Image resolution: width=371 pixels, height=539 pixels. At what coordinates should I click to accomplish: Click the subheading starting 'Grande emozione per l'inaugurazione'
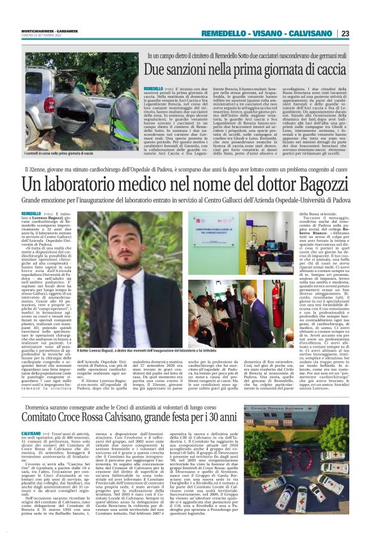tap(185, 200)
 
